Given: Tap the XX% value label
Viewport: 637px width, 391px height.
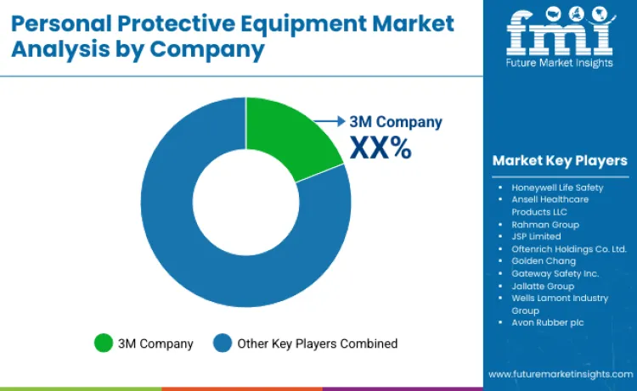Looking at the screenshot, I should coord(381,148).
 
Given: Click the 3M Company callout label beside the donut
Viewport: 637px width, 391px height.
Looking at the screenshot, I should coord(396,122).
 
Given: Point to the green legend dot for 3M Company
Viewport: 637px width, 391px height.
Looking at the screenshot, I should coord(104,344).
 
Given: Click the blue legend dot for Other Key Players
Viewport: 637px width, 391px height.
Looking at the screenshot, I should coord(223,344).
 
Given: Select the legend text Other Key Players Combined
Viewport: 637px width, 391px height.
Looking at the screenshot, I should coord(318,344).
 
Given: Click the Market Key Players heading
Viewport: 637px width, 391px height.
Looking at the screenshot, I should coord(559,160).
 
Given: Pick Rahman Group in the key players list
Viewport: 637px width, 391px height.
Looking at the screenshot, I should coord(545,224).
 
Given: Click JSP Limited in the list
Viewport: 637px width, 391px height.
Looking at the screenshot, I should coord(536,237).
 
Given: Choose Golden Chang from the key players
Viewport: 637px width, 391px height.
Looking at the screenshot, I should coord(544,261).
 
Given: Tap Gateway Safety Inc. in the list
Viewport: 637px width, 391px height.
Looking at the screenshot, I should coord(555,273).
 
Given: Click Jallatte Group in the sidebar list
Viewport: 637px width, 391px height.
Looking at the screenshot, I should coord(543,286).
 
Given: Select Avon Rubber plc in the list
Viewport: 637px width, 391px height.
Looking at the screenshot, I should coord(548,323).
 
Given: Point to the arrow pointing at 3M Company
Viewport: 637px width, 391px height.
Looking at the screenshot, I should coord(327,121).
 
